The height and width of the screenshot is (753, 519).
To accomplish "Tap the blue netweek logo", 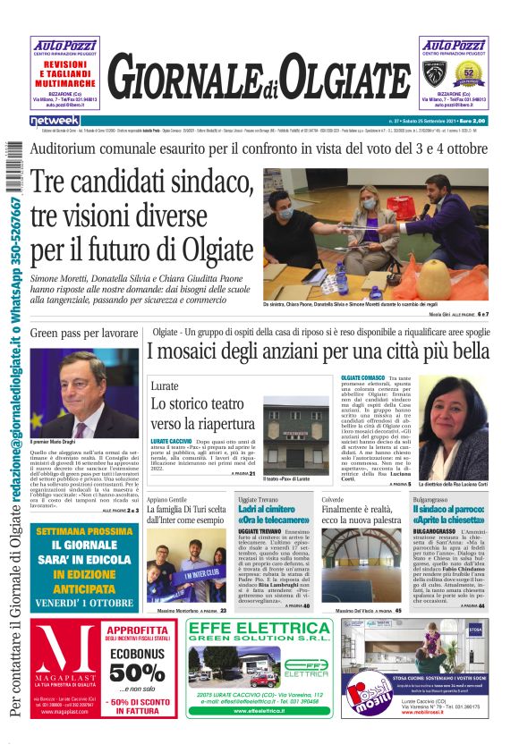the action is point(55,120).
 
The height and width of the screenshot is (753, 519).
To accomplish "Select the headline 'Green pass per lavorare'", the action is point(84,333).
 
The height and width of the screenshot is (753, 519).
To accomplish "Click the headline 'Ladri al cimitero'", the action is point(273,509).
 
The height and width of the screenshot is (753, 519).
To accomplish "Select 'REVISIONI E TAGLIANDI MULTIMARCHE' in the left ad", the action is point(65,72).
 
